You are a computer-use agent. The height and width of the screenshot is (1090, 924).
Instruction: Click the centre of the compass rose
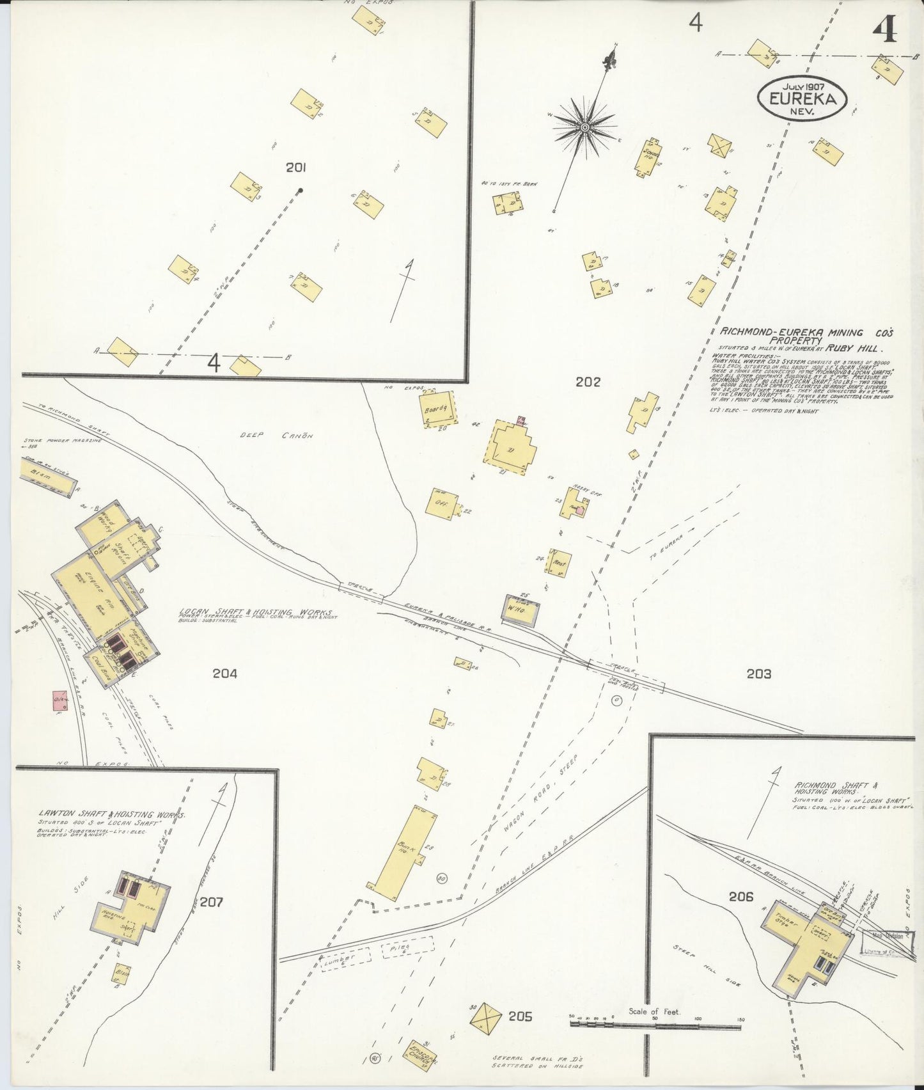pos(584,128)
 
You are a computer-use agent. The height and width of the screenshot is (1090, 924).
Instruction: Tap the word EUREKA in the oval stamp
pos(803,99)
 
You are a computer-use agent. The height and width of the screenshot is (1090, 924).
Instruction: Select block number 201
pos(295,168)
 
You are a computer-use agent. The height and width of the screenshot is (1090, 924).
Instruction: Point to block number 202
pos(588,382)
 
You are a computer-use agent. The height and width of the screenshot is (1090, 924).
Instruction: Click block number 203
pos(758,674)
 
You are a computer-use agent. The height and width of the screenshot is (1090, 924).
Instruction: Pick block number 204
pos(225,674)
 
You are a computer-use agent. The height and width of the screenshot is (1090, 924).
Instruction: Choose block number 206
pos(740,897)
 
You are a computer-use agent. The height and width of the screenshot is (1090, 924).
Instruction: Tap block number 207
pos(211,902)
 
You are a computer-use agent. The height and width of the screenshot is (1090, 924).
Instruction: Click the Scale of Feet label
pos(654,1011)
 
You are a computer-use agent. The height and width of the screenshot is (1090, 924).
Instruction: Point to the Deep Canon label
pos(276,436)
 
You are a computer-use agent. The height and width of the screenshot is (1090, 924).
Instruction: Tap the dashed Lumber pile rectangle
pos(345,960)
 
